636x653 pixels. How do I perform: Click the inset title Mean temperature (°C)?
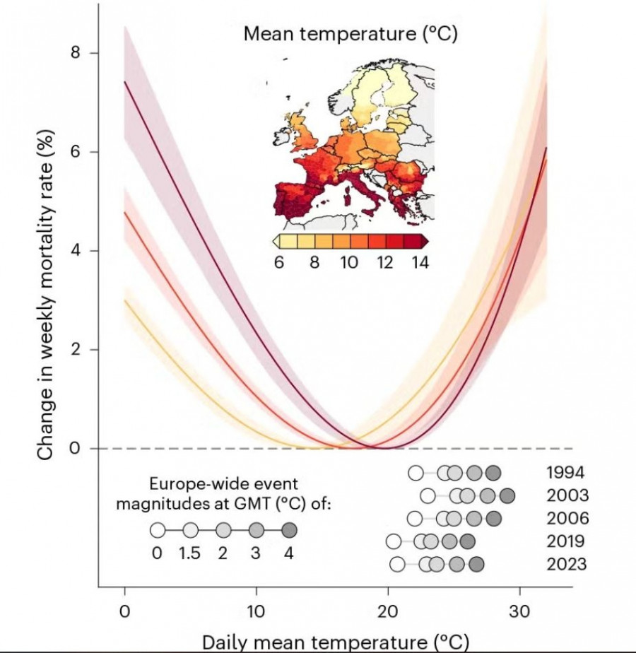(x=351, y=34)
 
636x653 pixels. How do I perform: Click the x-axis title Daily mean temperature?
(x=336, y=642)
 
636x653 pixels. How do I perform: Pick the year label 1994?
(x=565, y=473)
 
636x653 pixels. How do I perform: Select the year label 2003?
(x=567, y=496)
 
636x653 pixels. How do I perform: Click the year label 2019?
(x=565, y=542)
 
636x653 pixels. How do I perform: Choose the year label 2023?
(x=566, y=565)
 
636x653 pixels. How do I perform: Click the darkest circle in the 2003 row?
(x=507, y=496)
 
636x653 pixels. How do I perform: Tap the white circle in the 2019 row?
(x=394, y=542)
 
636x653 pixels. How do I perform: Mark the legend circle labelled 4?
(x=289, y=530)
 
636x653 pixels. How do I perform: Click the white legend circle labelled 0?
(x=158, y=530)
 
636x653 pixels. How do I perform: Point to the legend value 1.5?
(x=190, y=553)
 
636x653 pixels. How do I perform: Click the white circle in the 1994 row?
(x=416, y=473)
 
